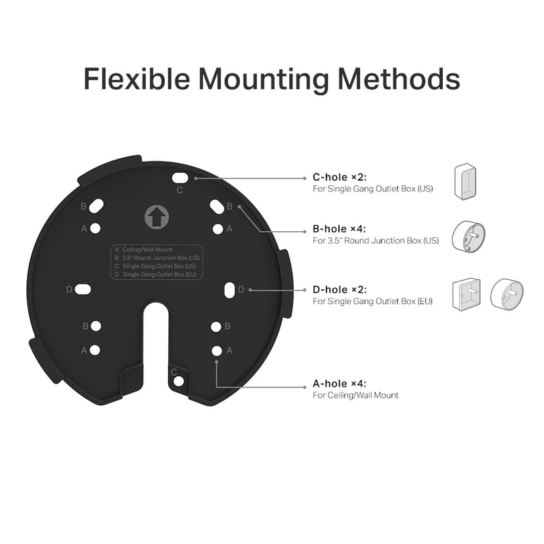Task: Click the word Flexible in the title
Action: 136,79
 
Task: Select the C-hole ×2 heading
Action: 340,177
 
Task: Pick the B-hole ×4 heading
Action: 340,229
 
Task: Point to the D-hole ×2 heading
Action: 340,289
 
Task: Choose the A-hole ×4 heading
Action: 340,383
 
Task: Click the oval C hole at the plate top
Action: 180,177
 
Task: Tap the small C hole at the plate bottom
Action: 178,381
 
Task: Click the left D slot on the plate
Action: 83,289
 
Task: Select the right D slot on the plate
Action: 229,290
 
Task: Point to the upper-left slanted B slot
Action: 96,206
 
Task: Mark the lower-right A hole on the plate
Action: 217,351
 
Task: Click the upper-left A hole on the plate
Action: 96,229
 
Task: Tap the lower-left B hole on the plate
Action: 96,326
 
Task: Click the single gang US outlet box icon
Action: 465,181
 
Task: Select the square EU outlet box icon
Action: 466,294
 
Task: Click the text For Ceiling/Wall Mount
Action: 355,395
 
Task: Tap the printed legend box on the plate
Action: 156,261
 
